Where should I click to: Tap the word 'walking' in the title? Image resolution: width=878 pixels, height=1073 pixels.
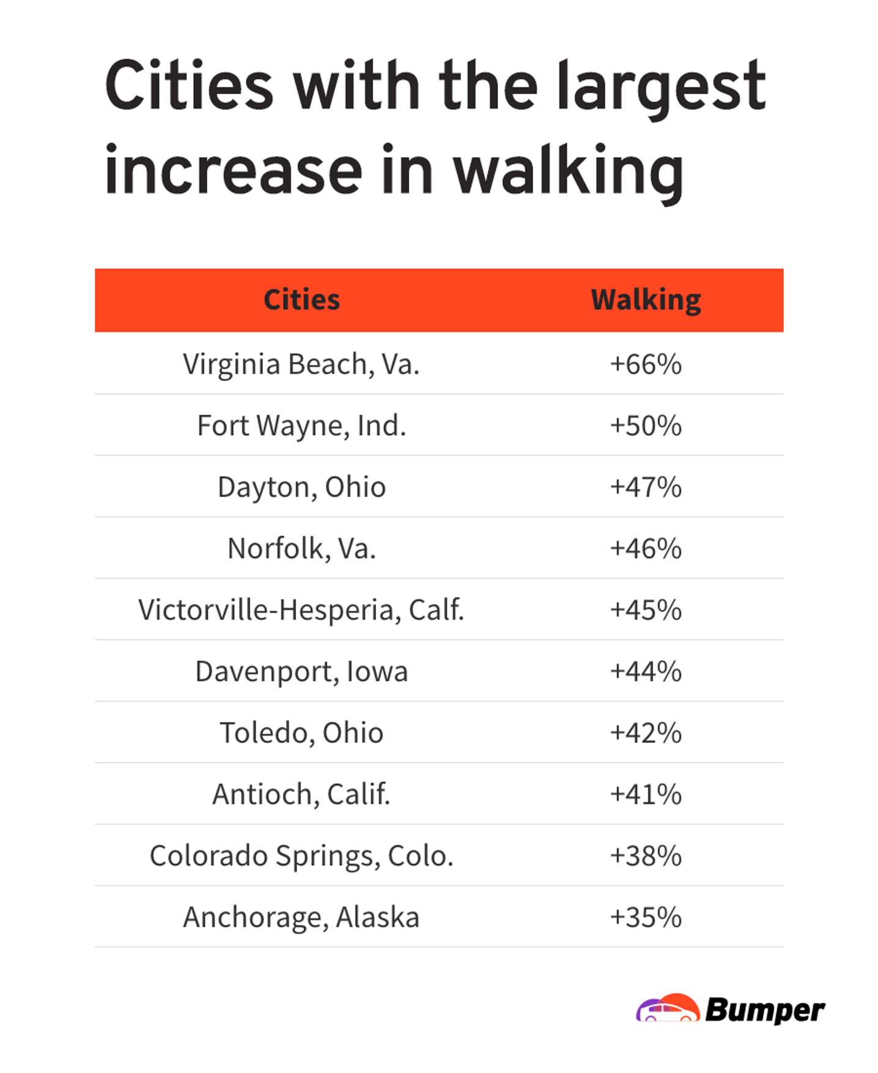(568, 172)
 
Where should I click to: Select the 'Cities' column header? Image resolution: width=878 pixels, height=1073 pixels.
(301, 300)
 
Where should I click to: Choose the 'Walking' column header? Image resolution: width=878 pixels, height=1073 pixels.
(646, 300)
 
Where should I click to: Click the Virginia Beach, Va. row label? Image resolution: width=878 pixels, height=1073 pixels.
(301, 364)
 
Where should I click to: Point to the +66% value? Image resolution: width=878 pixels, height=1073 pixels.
(646, 364)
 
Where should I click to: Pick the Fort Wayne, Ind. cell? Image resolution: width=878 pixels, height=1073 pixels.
(301, 426)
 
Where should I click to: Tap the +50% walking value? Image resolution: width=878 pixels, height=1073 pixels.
(646, 426)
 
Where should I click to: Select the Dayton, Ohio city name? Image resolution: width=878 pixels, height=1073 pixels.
(301, 487)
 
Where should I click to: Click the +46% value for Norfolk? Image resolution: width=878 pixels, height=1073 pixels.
(646, 548)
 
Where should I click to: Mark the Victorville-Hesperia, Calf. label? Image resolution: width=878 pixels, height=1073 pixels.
(301, 610)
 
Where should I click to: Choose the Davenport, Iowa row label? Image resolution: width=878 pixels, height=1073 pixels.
(301, 671)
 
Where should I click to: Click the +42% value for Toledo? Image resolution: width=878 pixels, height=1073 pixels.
(646, 733)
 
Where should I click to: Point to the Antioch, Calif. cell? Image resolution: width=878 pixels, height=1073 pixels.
(301, 794)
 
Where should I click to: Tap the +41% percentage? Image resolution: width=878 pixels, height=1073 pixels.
(646, 794)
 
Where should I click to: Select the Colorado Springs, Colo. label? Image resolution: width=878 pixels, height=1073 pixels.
(301, 856)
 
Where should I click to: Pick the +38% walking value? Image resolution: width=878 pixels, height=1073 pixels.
(646, 856)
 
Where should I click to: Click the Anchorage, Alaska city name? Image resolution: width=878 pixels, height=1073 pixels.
(301, 917)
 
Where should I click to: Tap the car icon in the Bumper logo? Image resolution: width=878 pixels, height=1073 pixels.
(668, 1008)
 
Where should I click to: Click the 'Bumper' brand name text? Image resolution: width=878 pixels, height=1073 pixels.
(765, 1010)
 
